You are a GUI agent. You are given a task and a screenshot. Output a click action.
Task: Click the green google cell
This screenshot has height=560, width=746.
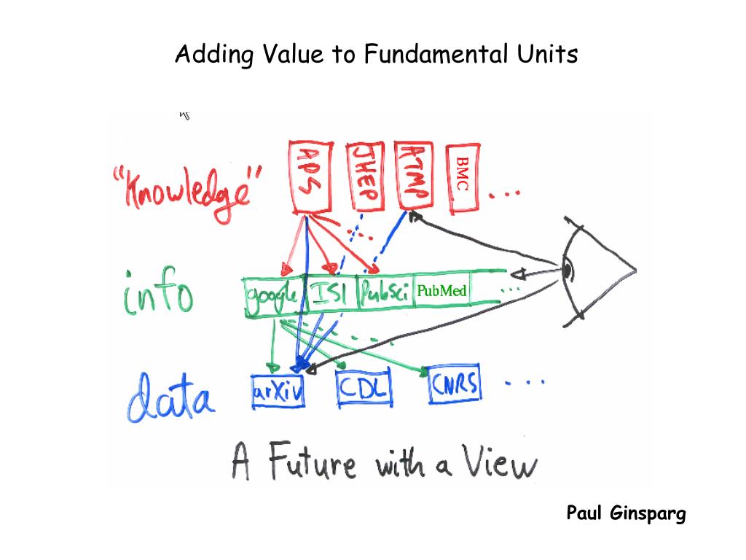[x=271, y=296]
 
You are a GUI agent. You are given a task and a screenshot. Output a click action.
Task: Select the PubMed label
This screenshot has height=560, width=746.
[x=441, y=292]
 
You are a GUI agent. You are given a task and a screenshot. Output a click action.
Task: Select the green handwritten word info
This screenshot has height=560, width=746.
[x=158, y=292]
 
